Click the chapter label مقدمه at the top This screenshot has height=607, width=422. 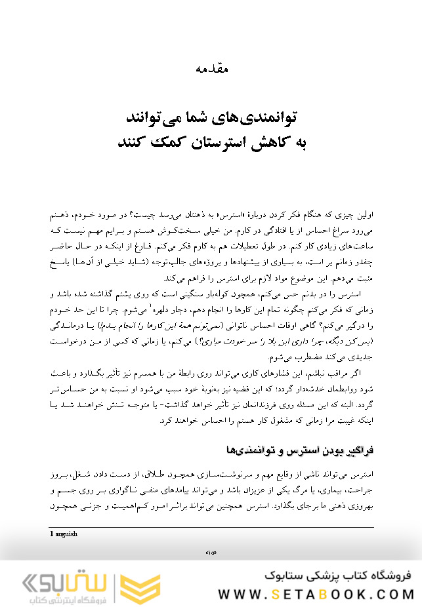(211, 67)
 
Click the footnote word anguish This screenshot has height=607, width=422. (65, 534)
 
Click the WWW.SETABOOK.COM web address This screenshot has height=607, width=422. (316, 593)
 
